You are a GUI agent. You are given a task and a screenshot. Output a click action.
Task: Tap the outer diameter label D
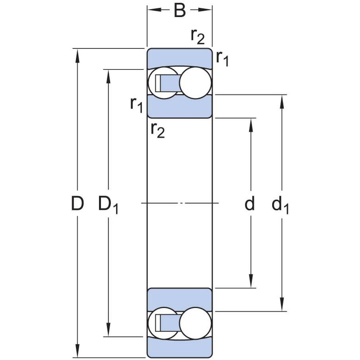tap(77, 204)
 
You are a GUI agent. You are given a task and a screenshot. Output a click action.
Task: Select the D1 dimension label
tap(108, 205)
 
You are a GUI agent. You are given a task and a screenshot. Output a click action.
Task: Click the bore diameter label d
tap(250, 204)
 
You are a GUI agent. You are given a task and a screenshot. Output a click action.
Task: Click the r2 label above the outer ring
tap(198, 37)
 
